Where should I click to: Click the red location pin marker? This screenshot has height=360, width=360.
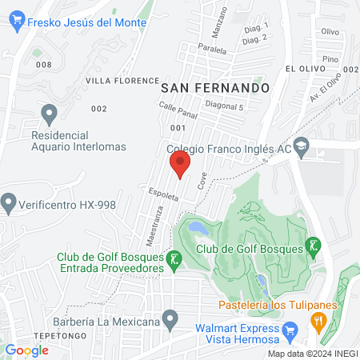180,166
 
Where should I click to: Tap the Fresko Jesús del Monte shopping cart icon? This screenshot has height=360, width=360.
19,23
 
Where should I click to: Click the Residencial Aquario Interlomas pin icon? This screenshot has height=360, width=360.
49,113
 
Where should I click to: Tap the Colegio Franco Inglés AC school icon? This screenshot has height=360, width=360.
302,146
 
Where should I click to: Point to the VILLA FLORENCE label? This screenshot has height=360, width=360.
122,81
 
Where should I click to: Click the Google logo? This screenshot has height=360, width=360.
27,350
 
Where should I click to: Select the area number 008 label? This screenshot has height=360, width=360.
43,65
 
